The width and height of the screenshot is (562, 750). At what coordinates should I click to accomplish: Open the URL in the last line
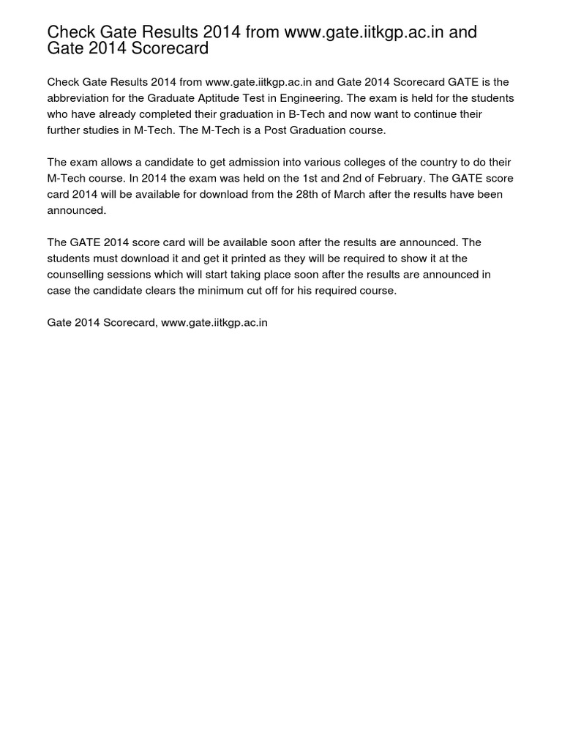click(214, 322)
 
